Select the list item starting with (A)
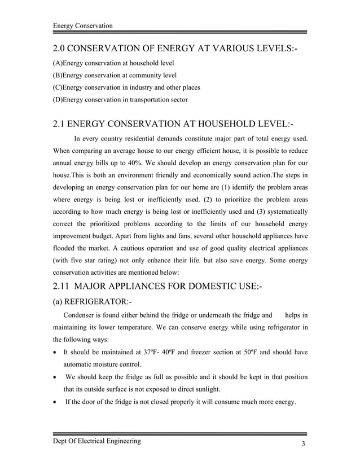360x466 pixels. pyautogui.click(x=113, y=63)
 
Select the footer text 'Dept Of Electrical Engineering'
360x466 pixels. pyautogui.click(x=96, y=441)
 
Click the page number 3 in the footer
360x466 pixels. pyautogui.click(x=304, y=444)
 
